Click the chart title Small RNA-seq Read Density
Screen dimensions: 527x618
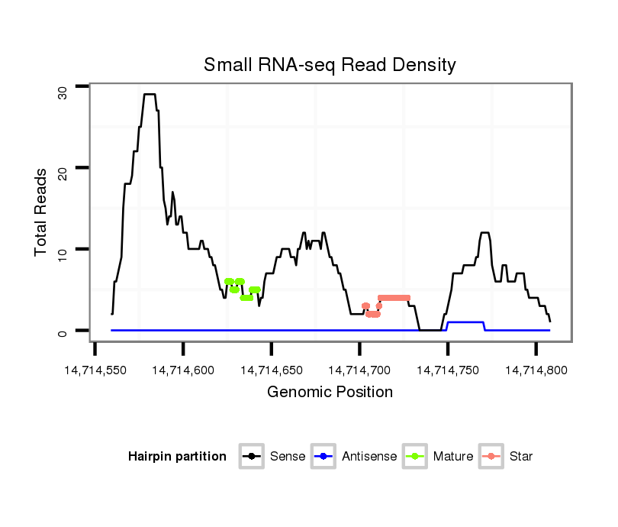pyautogui.click(x=330, y=65)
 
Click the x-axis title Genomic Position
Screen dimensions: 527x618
pyautogui.click(x=330, y=393)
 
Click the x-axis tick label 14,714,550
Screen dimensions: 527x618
pyautogui.click(x=95, y=370)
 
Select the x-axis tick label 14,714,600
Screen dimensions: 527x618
pyautogui.click(x=183, y=370)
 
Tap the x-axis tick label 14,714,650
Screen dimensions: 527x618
pyautogui.click(x=271, y=370)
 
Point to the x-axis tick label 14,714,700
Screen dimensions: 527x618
pyautogui.click(x=359, y=370)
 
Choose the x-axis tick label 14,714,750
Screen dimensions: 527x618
pyautogui.click(x=447, y=370)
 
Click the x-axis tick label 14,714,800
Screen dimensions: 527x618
pyautogui.click(x=535, y=370)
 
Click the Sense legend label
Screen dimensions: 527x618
pyautogui.click(x=288, y=457)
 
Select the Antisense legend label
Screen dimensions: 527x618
pyautogui.click(x=369, y=457)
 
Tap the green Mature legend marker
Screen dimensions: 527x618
pyautogui.click(x=414, y=457)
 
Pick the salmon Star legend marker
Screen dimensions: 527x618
pyautogui.click(x=492, y=457)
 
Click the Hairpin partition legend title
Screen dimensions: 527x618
pyautogui.click(x=177, y=457)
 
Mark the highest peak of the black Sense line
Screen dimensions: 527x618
pyautogui.click(x=150, y=95)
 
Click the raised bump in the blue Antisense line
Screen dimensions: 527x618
pyautogui.click(x=465, y=322)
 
